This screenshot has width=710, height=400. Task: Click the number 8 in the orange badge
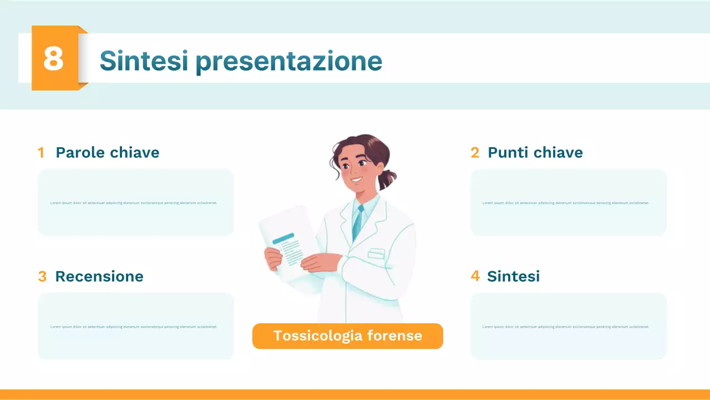click(53, 58)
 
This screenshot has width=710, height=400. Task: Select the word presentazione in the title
click(288, 61)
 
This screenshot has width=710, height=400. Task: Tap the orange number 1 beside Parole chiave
click(41, 153)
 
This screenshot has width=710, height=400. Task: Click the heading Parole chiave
click(107, 152)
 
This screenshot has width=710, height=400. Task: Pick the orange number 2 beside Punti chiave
click(475, 153)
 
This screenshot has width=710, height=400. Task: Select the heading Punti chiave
click(535, 152)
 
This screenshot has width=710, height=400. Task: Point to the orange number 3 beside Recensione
click(42, 277)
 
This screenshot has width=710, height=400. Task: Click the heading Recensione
click(99, 276)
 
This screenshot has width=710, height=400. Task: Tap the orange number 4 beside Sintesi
click(475, 276)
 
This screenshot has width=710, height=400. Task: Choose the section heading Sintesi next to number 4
click(513, 276)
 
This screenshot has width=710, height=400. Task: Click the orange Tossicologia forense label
click(348, 336)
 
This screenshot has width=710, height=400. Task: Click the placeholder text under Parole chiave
click(134, 203)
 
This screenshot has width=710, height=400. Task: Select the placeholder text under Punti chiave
click(566, 203)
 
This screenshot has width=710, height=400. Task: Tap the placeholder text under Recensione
click(134, 327)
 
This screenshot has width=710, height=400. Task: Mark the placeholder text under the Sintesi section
click(566, 327)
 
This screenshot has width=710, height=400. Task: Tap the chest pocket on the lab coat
click(376, 253)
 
